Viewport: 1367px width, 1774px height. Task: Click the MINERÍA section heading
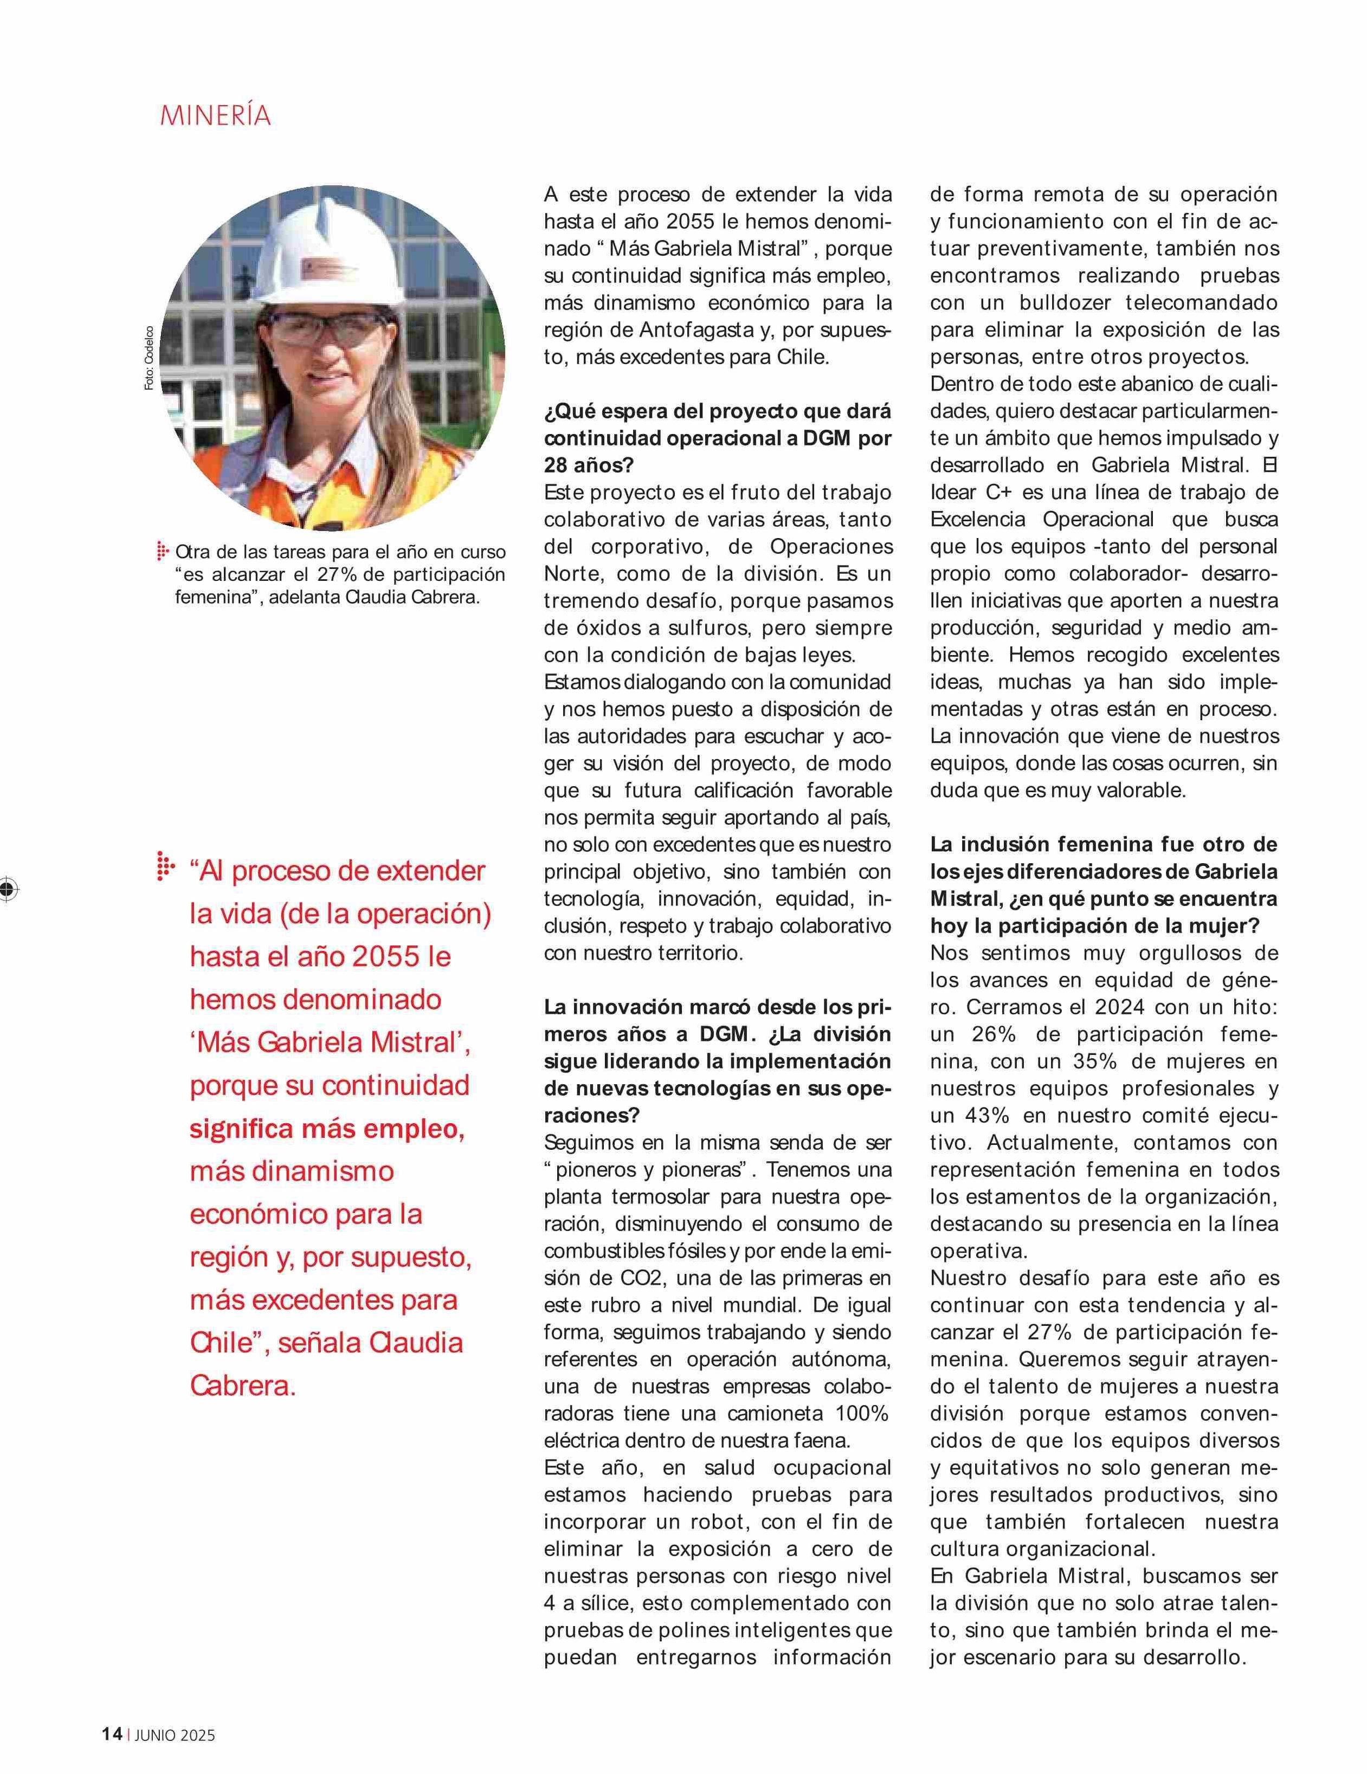pos(215,115)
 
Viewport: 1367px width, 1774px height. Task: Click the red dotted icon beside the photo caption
pos(163,552)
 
